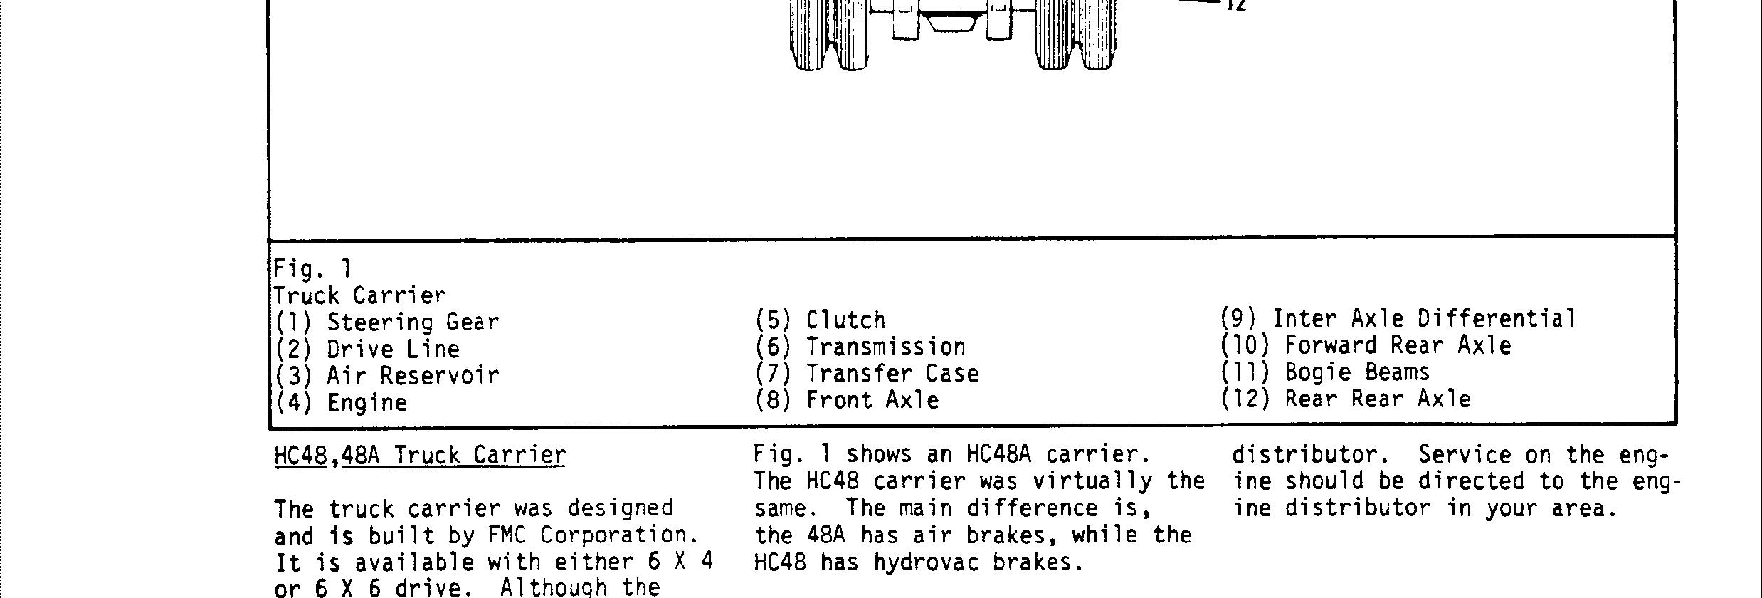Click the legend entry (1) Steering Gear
coord(387,322)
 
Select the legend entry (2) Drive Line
coord(367,349)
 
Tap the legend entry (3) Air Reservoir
coord(387,375)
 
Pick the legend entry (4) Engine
coord(342,402)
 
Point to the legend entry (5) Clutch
coord(821,320)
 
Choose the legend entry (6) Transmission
coord(860,347)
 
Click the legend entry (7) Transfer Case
coord(867,373)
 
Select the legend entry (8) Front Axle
coord(847,400)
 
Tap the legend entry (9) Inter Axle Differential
coord(1398,318)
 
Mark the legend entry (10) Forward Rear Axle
coord(1366,345)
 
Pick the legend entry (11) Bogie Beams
coord(1325,372)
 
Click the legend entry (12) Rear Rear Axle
coord(1346,399)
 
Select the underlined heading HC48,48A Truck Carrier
coord(420,455)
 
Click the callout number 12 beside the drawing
coord(1235,6)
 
